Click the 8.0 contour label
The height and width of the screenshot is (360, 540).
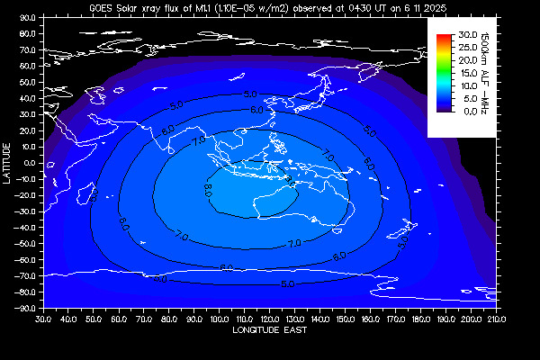click(x=208, y=190)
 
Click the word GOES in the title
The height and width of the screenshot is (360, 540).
click(x=102, y=6)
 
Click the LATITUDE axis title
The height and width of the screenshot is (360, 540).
click(x=7, y=162)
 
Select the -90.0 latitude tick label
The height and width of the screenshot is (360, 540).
click(x=27, y=308)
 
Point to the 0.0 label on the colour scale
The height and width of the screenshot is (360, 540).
click(x=467, y=112)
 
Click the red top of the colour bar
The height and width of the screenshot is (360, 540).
click(x=443, y=37)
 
